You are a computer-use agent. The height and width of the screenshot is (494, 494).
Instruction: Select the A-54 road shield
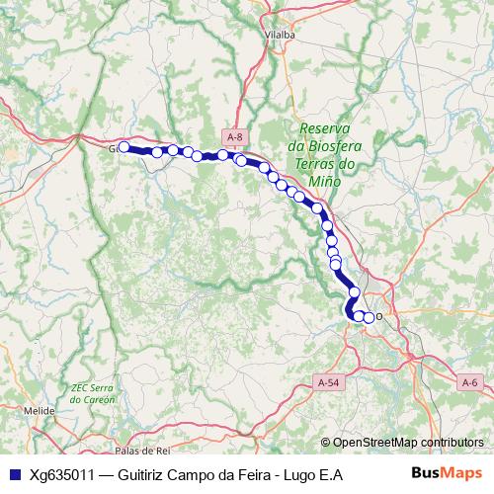click(x=329, y=381)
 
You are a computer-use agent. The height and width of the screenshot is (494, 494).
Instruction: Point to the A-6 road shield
click(x=471, y=381)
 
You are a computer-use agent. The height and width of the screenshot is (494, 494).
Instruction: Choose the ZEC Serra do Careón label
click(x=94, y=393)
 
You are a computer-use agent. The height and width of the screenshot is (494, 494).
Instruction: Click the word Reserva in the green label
click(x=325, y=129)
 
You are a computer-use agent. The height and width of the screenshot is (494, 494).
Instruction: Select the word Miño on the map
click(x=325, y=182)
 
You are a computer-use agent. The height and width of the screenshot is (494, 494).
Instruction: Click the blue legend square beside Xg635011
click(x=13, y=474)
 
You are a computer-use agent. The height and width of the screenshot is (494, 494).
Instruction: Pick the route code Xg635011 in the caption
click(x=62, y=474)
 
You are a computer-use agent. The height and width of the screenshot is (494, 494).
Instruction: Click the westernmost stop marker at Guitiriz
click(x=124, y=147)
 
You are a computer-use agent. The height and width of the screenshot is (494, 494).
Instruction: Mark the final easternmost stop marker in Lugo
click(x=370, y=317)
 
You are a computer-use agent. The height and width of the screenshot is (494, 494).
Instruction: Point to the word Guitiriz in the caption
click(x=143, y=474)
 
